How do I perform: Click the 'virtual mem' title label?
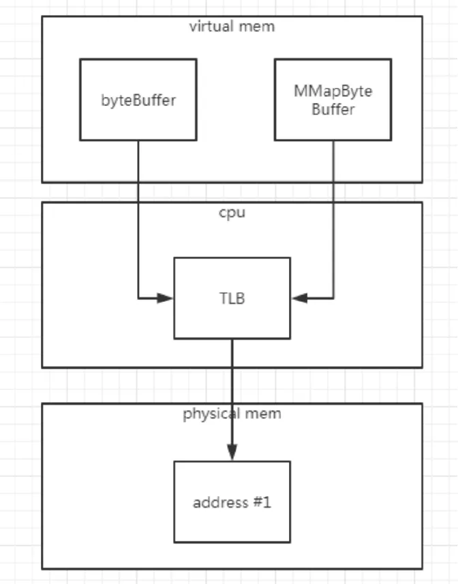pos(232,27)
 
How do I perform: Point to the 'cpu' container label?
pos(232,212)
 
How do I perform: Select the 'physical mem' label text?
pos(232,414)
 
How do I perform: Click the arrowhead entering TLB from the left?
pos(166,298)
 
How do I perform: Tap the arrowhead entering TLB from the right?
pos(299,298)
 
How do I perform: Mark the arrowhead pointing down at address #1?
pos(232,452)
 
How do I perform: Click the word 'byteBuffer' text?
pos(138,100)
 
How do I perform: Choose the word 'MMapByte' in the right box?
pos(333,92)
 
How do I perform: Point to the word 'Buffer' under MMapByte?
pos(333,110)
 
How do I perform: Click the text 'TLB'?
pos(232,298)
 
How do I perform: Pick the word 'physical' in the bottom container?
pos(207,414)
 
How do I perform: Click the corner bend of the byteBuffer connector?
pos(138,298)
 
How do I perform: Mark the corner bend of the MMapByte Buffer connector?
pos(333,298)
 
